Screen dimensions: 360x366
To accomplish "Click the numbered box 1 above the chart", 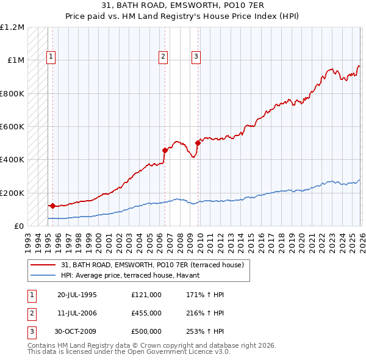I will [51, 57].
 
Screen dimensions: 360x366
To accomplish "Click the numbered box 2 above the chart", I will [163, 57].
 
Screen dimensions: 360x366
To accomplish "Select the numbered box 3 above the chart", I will [196, 57].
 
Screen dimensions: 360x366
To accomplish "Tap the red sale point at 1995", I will [52, 206].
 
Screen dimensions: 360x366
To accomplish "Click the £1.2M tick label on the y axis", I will [12, 27].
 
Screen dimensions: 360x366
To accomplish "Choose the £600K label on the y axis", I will [12, 127].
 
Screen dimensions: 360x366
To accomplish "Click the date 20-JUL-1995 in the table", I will [77, 295].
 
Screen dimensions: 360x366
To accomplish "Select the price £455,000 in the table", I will [146, 313].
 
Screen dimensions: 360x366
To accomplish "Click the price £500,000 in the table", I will [146, 331].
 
